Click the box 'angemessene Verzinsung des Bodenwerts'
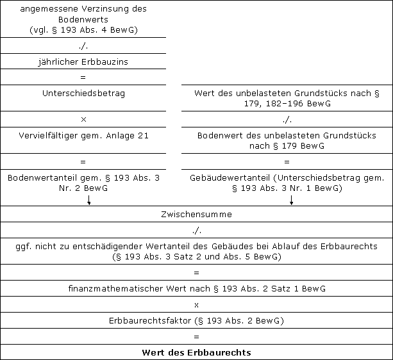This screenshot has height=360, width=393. click(x=83, y=19)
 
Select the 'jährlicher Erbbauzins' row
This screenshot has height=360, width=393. click(x=83, y=61)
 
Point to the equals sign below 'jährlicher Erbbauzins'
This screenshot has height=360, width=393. click(x=83, y=77)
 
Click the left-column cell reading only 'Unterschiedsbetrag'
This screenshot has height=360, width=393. click(x=83, y=94)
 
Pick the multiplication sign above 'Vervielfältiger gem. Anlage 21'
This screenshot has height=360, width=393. click(x=83, y=119)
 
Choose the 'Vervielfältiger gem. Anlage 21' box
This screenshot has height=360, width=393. click(x=83, y=136)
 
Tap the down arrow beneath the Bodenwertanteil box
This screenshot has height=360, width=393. click(x=89, y=200)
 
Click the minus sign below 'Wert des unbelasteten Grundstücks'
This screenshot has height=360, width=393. click(x=287, y=119)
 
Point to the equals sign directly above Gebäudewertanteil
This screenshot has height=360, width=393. click(x=287, y=161)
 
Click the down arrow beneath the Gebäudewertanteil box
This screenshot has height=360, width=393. click(x=292, y=200)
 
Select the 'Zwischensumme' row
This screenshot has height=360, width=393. click(x=196, y=214)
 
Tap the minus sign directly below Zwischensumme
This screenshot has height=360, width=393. click(x=196, y=229)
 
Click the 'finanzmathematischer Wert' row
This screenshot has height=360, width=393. click(x=196, y=289)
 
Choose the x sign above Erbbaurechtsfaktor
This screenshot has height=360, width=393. click(x=196, y=304)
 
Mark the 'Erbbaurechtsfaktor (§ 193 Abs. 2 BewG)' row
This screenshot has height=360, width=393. click(x=196, y=320)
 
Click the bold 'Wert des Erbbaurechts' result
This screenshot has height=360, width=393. click(x=196, y=352)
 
